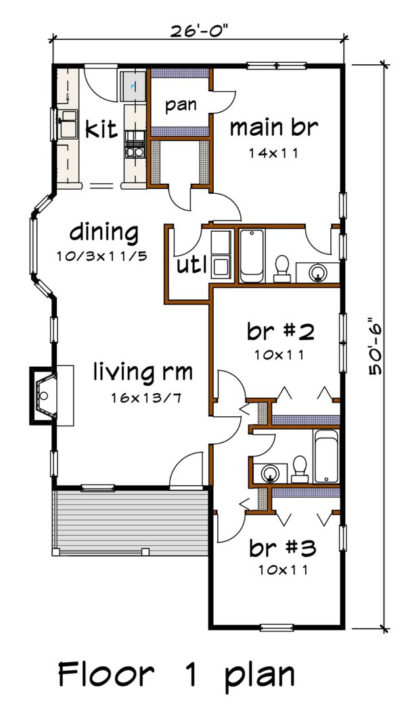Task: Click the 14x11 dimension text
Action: point(273,153)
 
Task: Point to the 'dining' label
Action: point(104,232)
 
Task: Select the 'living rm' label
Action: point(143,372)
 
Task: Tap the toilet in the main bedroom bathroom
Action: point(283,268)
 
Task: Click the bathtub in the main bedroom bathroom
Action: point(252,257)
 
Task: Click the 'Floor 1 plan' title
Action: point(176,674)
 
